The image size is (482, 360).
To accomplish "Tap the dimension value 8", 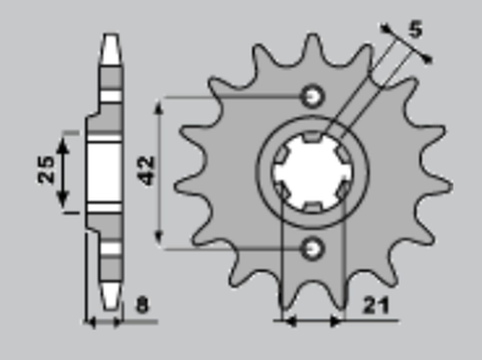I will click(141, 303).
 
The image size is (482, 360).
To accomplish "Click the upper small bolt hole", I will click(313, 96).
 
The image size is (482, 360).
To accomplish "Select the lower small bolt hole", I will click(313, 247).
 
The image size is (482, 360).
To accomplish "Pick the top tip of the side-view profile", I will click(111, 43).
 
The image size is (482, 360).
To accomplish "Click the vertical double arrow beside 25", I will click(64, 171).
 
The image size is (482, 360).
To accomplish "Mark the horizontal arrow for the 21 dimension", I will click(313, 321).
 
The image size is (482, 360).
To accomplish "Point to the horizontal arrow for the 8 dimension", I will click(103, 322).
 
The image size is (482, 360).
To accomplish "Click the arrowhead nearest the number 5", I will click(427, 59).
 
